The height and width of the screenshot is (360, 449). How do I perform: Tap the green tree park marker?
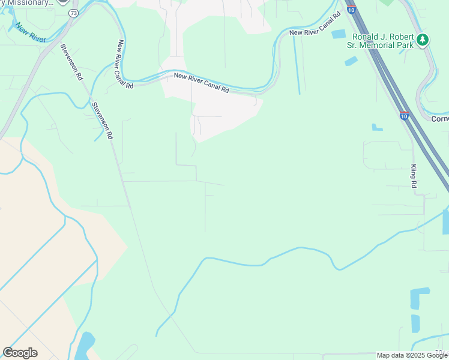pyautogui.click(x=424, y=39)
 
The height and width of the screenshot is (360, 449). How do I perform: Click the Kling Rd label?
pyautogui.click(x=414, y=176)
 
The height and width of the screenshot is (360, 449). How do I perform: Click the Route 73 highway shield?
pyautogui.click(x=73, y=13)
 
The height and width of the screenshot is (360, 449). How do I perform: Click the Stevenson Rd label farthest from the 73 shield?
pyautogui.click(x=102, y=121)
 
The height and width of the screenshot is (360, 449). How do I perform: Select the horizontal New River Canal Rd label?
pyautogui.click(x=202, y=83)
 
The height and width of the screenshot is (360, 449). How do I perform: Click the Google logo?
pyautogui.click(x=20, y=353)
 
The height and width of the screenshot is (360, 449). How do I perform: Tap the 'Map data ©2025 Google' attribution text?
pyautogui.click(x=412, y=355)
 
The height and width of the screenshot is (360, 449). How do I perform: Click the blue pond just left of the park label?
pyautogui.click(x=339, y=34)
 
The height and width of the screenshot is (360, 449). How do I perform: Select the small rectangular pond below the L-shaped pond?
pyautogui.click(x=415, y=323)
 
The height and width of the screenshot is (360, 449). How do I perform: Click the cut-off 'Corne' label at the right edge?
pyautogui.click(x=440, y=119)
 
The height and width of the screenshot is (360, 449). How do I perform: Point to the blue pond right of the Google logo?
pyautogui.click(x=84, y=346)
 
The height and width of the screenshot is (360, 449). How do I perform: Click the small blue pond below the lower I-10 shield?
pyautogui.click(x=377, y=127)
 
